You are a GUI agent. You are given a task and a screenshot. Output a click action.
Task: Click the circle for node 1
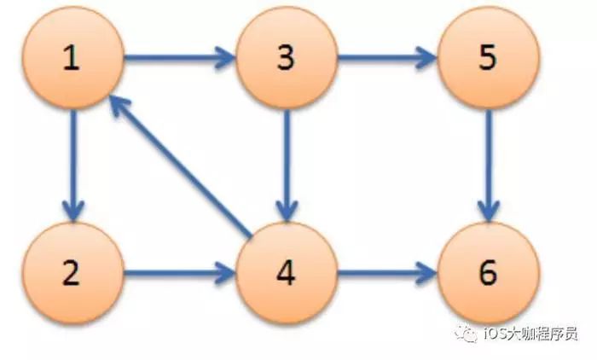[x=72, y=59]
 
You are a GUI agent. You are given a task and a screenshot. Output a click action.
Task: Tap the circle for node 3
[x=287, y=59]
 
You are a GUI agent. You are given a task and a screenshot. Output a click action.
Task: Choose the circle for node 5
[x=489, y=59]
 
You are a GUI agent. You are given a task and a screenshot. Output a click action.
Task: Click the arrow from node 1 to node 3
[x=179, y=59]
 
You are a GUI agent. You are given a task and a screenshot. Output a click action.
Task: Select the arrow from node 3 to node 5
[x=388, y=59]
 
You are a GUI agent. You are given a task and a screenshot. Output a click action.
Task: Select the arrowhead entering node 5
[x=427, y=59]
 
